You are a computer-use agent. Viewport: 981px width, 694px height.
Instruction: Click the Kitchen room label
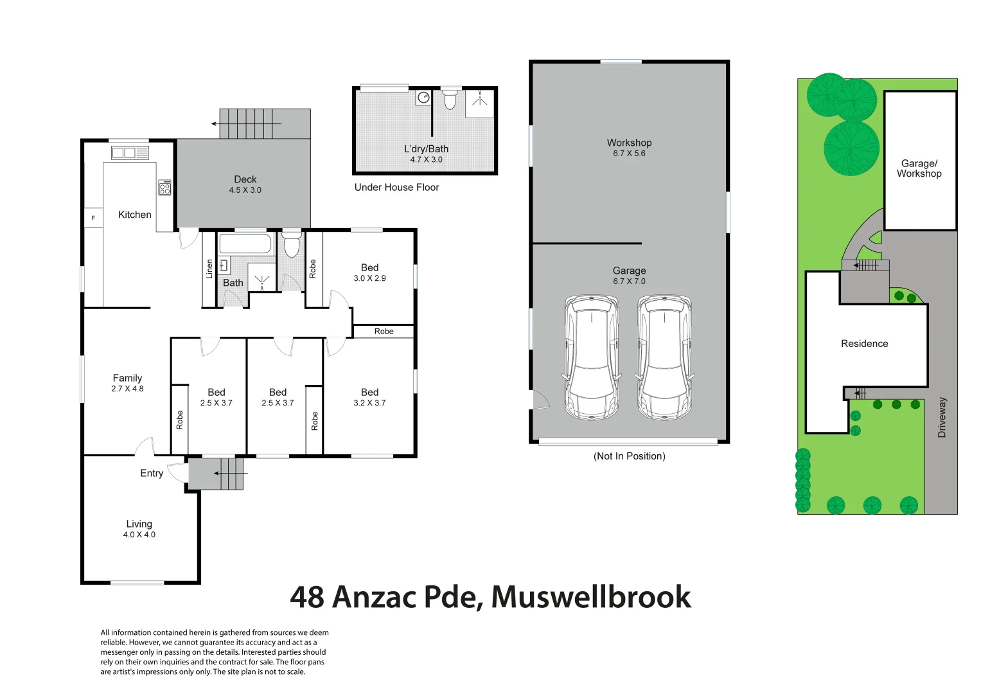tap(134, 215)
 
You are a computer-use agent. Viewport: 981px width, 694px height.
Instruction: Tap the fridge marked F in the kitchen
tap(93, 218)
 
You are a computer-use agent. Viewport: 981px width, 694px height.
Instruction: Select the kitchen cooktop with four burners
tap(165, 187)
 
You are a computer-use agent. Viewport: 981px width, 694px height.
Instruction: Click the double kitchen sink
tap(130, 153)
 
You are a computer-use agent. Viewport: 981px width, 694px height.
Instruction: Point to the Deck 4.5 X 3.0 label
tap(245, 184)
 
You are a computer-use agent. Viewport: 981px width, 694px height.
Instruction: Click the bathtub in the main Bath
tap(245, 244)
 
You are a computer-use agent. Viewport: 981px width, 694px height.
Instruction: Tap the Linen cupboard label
tap(209, 269)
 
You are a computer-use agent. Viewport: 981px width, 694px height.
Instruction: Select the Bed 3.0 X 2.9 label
tap(369, 272)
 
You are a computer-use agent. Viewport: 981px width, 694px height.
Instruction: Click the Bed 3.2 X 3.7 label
tap(369, 397)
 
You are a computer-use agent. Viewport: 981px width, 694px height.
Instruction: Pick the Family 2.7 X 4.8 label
tap(127, 383)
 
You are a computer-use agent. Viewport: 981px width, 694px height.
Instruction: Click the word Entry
tap(152, 474)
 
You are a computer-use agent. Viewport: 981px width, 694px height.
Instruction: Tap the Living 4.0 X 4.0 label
tap(139, 528)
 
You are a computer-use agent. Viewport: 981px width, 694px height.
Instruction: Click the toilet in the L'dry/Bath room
tap(450, 100)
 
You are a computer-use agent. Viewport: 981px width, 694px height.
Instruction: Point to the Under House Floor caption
tap(396, 188)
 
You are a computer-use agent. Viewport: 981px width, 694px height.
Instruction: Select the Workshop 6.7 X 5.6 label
tap(629, 147)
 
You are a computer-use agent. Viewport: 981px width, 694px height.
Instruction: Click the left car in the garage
tap(591, 357)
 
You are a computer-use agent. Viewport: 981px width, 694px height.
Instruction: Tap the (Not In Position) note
tap(629, 456)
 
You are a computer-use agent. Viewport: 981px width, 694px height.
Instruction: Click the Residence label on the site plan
tap(864, 344)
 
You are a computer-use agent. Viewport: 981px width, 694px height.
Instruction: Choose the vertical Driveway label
tap(942, 418)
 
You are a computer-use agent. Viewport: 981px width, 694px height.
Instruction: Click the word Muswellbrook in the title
tap(591, 597)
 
